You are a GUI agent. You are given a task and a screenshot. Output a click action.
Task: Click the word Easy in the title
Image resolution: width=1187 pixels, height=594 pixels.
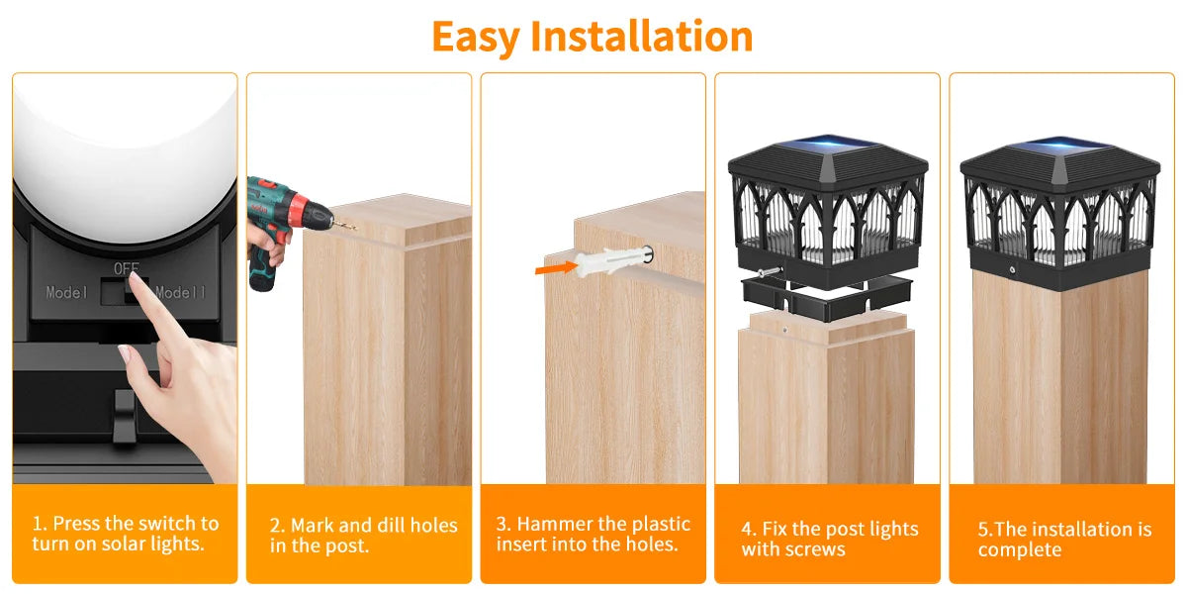[x=477, y=37]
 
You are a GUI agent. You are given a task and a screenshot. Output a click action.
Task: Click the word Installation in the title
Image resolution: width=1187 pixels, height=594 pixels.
[x=642, y=37]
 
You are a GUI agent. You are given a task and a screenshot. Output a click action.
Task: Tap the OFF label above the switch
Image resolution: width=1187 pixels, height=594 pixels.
[x=127, y=268]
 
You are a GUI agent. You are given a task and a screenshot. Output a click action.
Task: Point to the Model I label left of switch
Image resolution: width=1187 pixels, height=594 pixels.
[x=67, y=293]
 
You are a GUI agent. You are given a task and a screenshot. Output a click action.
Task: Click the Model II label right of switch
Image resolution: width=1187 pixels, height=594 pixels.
[x=180, y=293]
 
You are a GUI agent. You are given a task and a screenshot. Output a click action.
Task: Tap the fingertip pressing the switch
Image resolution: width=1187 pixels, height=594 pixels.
[x=142, y=292]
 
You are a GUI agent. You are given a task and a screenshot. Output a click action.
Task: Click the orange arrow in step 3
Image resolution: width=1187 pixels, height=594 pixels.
[x=556, y=266]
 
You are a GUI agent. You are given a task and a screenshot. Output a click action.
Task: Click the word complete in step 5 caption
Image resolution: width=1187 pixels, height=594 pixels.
[x=1019, y=550]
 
